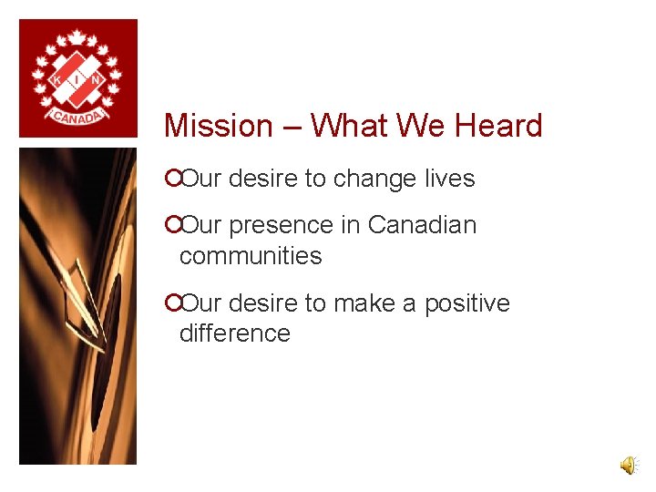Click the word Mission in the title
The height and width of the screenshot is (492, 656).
[x=219, y=126]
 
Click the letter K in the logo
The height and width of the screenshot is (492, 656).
[x=56, y=80]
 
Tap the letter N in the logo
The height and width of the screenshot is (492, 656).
[x=95, y=80]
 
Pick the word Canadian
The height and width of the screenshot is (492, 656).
[x=422, y=225]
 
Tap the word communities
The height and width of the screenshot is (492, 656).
[x=251, y=256]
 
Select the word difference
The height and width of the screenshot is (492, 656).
[x=234, y=333]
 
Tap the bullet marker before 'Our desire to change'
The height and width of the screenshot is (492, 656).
[x=171, y=179]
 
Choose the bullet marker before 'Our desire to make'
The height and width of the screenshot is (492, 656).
[x=171, y=303]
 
